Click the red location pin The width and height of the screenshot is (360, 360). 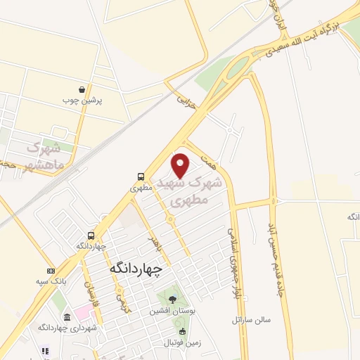(x=181, y=165)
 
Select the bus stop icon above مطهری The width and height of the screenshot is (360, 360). (x=141, y=177)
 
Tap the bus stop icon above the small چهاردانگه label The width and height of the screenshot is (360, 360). (x=91, y=236)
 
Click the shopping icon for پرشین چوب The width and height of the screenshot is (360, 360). (x=83, y=90)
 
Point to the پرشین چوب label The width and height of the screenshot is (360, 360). (x=83, y=101)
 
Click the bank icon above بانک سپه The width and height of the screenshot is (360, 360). (x=51, y=270)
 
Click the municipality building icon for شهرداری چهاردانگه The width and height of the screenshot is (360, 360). (x=67, y=317)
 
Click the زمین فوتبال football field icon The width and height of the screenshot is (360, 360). (x=183, y=332)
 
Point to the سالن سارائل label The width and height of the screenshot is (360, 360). (x=250, y=319)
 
